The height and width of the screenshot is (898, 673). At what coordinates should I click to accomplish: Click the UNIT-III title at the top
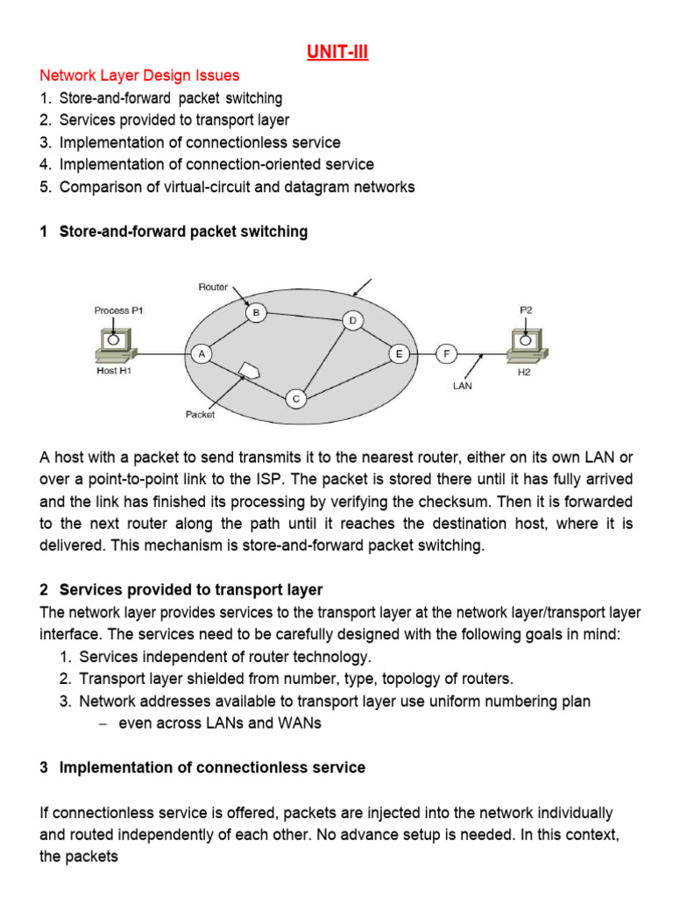(337, 53)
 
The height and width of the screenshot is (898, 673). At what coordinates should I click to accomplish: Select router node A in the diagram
(202, 353)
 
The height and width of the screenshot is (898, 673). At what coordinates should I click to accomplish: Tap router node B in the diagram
(255, 311)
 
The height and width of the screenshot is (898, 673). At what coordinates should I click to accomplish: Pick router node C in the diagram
(296, 399)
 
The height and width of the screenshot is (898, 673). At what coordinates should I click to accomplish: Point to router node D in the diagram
(352, 321)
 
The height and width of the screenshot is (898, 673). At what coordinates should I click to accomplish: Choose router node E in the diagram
(400, 353)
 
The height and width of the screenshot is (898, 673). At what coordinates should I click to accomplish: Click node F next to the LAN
(446, 353)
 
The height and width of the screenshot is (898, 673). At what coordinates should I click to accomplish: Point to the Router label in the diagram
(213, 287)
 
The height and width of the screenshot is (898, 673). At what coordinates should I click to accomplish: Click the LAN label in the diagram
(462, 385)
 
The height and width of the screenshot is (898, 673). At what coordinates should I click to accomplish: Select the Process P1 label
(117, 310)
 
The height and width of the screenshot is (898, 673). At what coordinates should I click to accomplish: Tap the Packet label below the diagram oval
(200, 415)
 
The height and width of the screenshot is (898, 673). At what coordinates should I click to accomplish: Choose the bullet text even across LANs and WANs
(220, 723)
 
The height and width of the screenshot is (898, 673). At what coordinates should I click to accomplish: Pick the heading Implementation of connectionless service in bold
(211, 767)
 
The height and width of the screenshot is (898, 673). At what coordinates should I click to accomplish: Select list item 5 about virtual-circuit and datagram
(237, 187)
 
